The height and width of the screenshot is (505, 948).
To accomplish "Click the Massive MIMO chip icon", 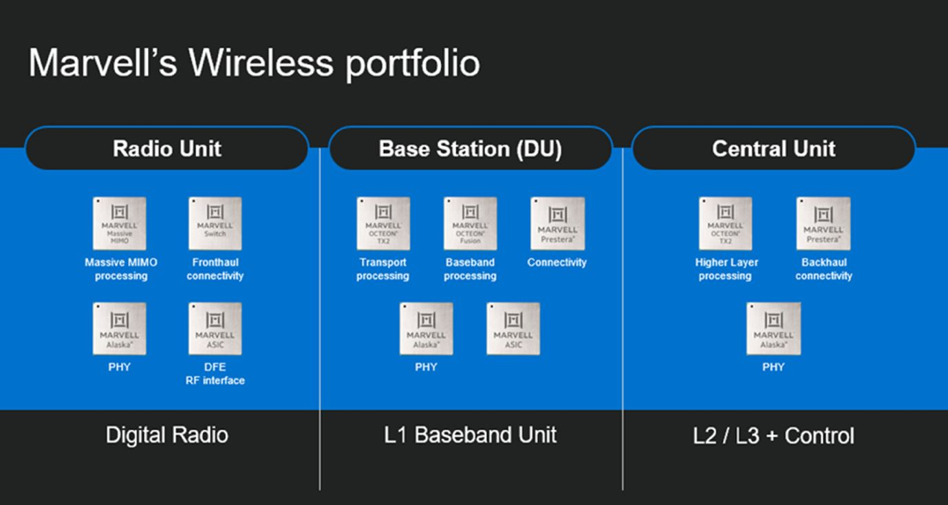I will click(x=120, y=224).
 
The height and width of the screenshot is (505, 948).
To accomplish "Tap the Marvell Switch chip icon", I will click(x=215, y=224).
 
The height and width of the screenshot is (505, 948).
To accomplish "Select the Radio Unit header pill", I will click(x=166, y=149).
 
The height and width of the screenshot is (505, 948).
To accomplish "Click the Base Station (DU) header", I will click(x=470, y=149).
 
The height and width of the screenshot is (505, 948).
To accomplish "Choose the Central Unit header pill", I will click(x=773, y=149).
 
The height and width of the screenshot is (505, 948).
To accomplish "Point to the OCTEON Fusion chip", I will click(x=470, y=224).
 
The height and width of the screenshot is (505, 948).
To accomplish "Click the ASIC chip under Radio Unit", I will click(x=215, y=329).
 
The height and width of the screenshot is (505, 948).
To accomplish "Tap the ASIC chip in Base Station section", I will click(x=513, y=329).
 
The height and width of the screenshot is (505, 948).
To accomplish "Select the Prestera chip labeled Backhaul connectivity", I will click(x=823, y=224).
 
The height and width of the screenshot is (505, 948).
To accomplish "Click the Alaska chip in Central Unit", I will click(x=773, y=329).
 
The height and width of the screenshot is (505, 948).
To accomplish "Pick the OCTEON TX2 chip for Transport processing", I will click(x=383, y=224).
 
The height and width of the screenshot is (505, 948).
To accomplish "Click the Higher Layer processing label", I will click(x=726, y=269).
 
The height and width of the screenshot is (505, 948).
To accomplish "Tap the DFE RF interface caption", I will click(x=215, y=374).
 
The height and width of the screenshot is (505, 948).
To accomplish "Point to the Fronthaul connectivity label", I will click(x=215, y=269).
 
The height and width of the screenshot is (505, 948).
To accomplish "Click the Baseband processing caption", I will click(x=470, y=269).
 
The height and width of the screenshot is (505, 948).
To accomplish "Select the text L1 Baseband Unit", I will click(x=470, y=435).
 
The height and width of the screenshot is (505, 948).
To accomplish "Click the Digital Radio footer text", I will click(x=166, y=435).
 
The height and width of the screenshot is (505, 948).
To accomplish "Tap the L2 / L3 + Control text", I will click(x=773, y=436).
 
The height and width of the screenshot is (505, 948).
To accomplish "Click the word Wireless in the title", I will click(x=261, y=63).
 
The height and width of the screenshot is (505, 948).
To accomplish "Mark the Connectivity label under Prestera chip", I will click(x=557, y=262).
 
